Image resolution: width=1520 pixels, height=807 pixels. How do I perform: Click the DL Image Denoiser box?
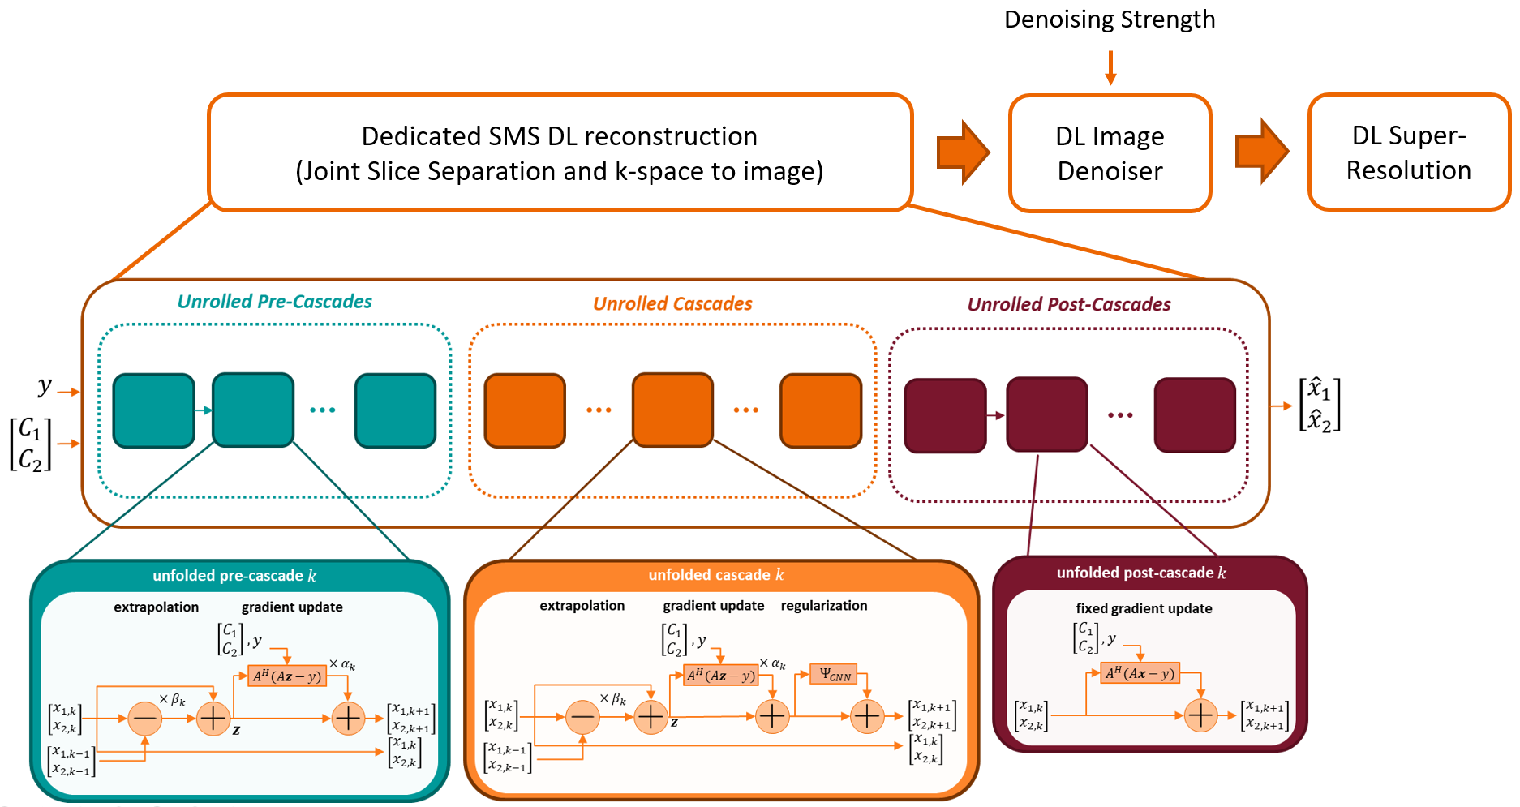[x=1110, y=153]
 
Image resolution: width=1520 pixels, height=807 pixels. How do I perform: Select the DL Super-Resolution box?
[x=1409, y=152]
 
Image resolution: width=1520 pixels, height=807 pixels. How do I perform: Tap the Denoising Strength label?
[x=1110, y=19]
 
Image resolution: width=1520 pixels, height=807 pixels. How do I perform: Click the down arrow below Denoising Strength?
[x=1110, y=67]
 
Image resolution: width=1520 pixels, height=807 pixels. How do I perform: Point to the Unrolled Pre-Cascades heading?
[x=274, y=302]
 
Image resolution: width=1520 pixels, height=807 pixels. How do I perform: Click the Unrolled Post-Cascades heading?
[x=1069, y=305]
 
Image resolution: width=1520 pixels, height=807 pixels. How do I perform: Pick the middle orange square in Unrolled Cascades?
[x=672, y=410]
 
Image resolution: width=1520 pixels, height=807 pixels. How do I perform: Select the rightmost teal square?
[x=396, y=410]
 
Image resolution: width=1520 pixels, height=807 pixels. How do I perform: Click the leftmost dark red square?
[x=945, y=415]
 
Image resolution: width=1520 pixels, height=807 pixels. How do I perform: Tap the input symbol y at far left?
[x=45, y=387]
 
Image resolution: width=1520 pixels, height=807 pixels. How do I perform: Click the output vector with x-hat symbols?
[x=1320, y=405]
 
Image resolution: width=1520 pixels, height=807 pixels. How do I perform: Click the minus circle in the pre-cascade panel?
[x=145, y=719]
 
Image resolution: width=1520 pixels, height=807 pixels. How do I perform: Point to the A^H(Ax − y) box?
[x=1140, y=673]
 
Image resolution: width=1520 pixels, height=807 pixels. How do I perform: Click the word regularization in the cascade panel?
[x=824, y=606]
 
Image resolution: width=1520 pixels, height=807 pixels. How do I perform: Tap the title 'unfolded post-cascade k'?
[x=1141, y=573]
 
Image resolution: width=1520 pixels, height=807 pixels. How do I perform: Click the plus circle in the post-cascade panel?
[x=1200, y=715]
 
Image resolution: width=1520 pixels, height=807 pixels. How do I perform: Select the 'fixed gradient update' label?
[x=1144, y=608]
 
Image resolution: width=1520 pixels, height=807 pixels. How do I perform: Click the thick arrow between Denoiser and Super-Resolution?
[x=1261, y=152]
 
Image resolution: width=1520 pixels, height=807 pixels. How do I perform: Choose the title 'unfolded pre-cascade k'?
[x=234, y=576]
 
